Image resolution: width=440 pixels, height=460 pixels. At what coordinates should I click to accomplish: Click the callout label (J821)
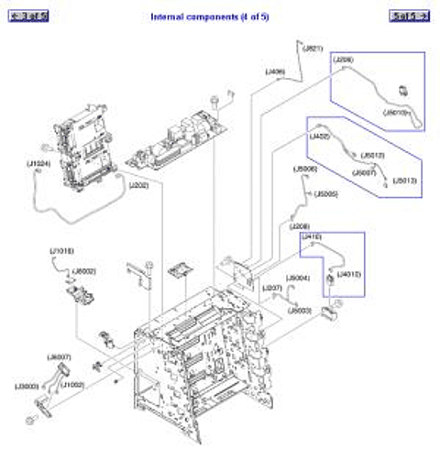point(313,48)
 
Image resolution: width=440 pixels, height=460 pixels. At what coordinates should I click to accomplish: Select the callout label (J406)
point(275,71)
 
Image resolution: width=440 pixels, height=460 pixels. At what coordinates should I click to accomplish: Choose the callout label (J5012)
point(372,155)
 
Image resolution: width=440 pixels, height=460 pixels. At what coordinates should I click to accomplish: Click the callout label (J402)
point(320,137)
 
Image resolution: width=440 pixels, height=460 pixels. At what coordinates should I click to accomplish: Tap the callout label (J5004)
point(298,278)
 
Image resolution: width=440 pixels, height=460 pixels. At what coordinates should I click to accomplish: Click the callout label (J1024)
point(39,165)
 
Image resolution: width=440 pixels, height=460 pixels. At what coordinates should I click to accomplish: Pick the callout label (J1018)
point(61,250)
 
